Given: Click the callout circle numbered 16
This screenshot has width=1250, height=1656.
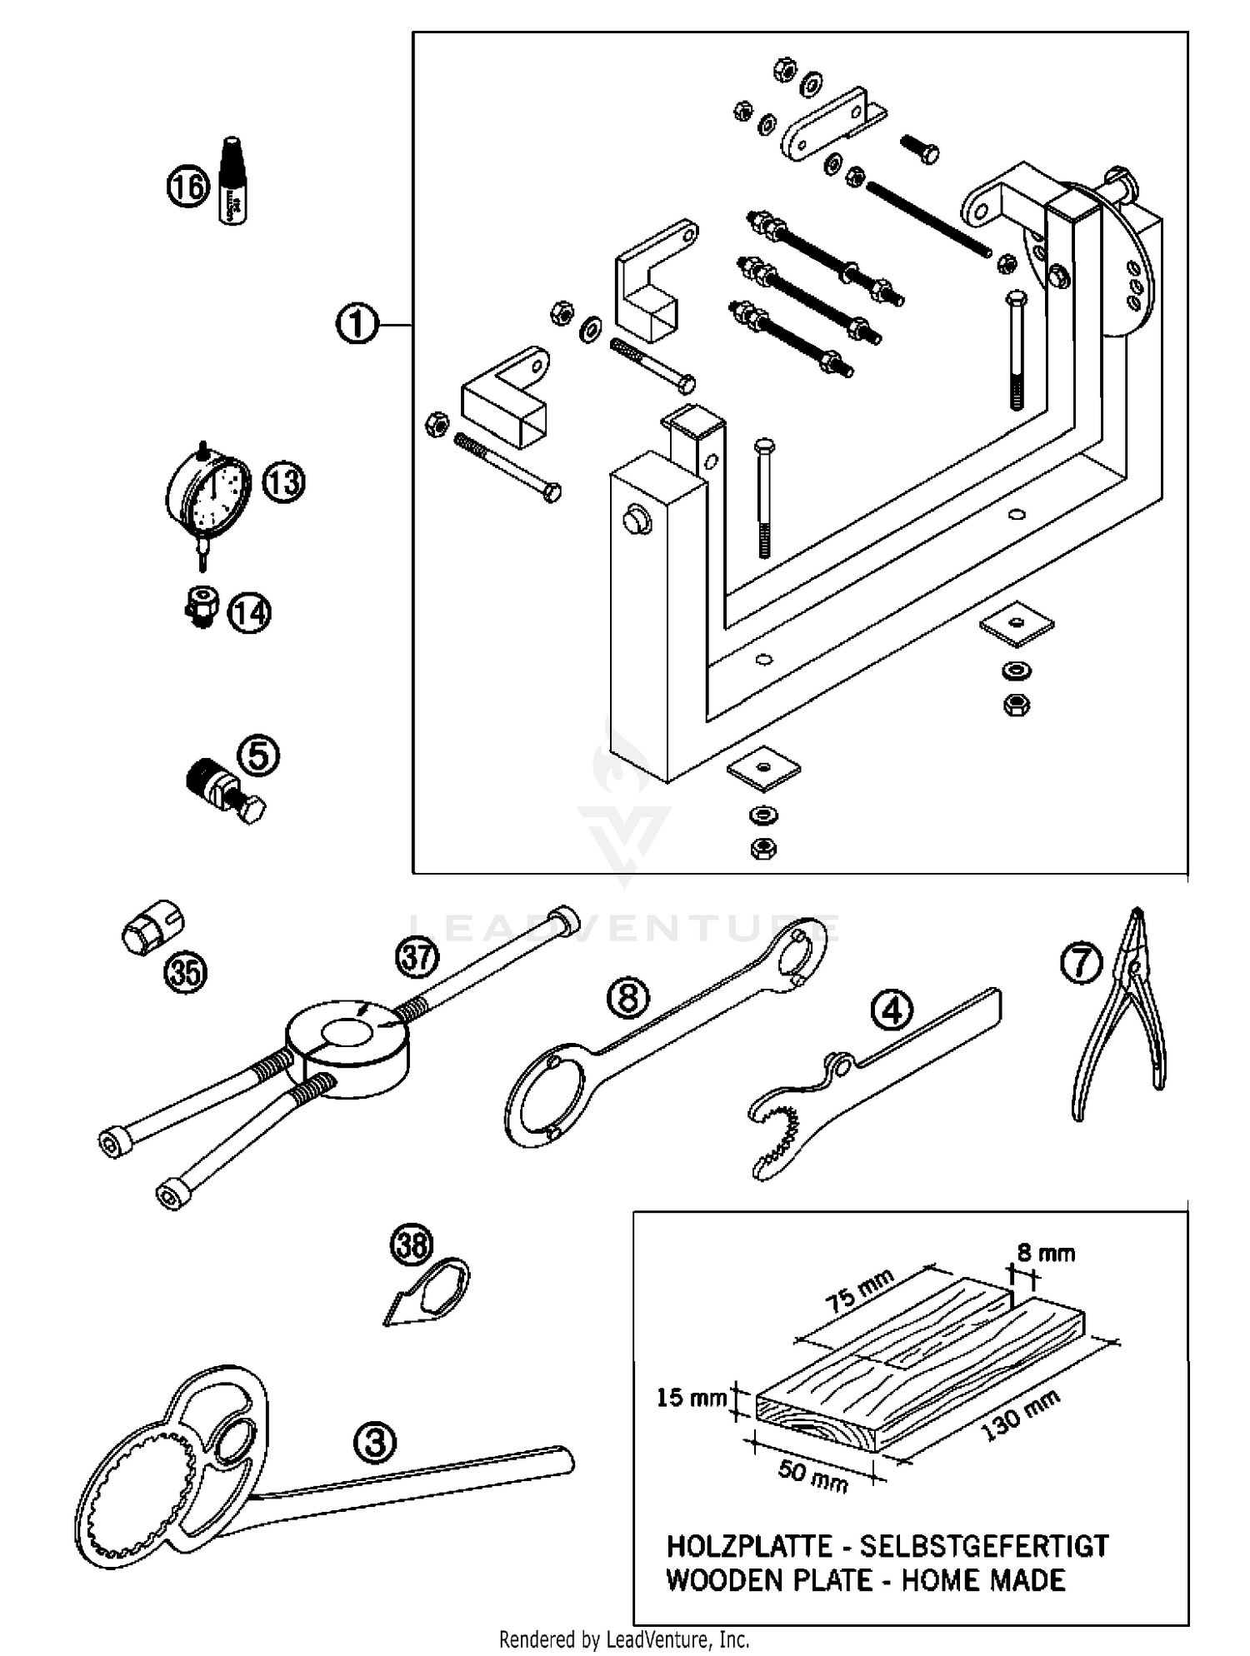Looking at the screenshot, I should (187, 185).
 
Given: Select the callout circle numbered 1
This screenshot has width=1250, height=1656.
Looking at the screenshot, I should (357, 324).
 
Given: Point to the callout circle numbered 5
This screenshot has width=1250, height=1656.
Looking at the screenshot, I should (258, 756).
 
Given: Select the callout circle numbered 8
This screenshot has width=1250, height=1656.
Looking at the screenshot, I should (628, 996).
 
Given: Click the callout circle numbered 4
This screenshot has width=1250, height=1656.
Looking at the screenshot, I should (892, 1011).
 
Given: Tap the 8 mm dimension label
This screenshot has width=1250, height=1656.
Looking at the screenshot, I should (1045, 1252).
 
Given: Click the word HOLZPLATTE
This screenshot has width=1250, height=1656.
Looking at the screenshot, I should (748, 1547).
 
